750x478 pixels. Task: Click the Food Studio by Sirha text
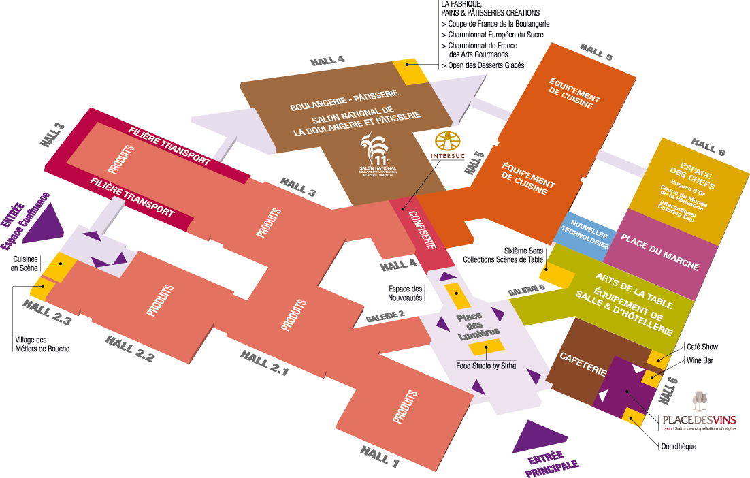(x=486, y=366)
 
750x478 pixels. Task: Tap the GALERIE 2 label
(x=385, y=317)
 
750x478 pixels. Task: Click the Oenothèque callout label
(x=679, y=447)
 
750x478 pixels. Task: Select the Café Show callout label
(x=702, y=347)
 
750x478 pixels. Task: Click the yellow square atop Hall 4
(x=410, y=71)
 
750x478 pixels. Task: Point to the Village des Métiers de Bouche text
(x=42, y=345)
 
